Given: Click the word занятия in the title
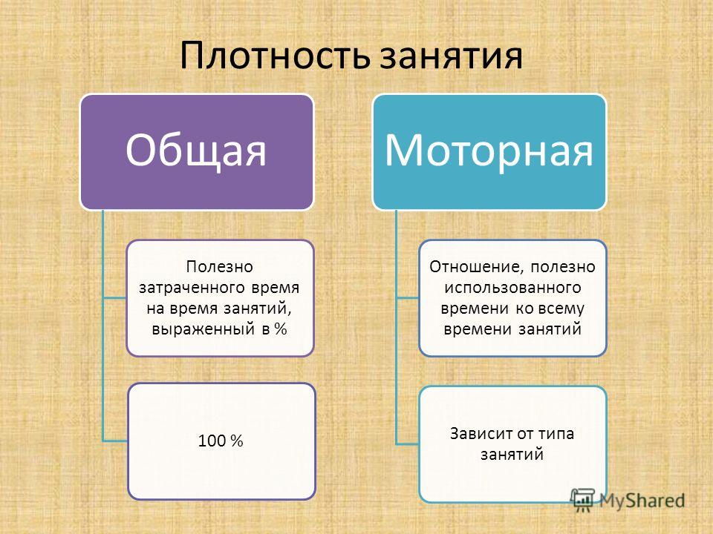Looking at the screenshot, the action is point(451,57).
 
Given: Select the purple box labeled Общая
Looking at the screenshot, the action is point(197,152).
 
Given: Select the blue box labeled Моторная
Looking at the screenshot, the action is point(489,152).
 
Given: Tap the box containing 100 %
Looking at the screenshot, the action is point(221,441).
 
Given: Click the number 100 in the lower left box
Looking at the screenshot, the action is point(212,441).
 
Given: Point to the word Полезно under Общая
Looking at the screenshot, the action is point(219,266).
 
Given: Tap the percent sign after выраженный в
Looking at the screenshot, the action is point(281,329).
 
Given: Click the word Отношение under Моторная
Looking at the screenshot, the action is point(476,266).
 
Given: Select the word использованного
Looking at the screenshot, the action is point(512,288).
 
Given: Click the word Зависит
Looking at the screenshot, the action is point(481,434).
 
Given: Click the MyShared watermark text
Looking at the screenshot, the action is point(642,501).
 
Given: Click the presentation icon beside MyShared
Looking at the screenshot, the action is point(583,500).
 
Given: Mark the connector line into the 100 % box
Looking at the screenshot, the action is point(115,441).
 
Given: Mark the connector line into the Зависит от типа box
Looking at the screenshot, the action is point(408,444).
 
